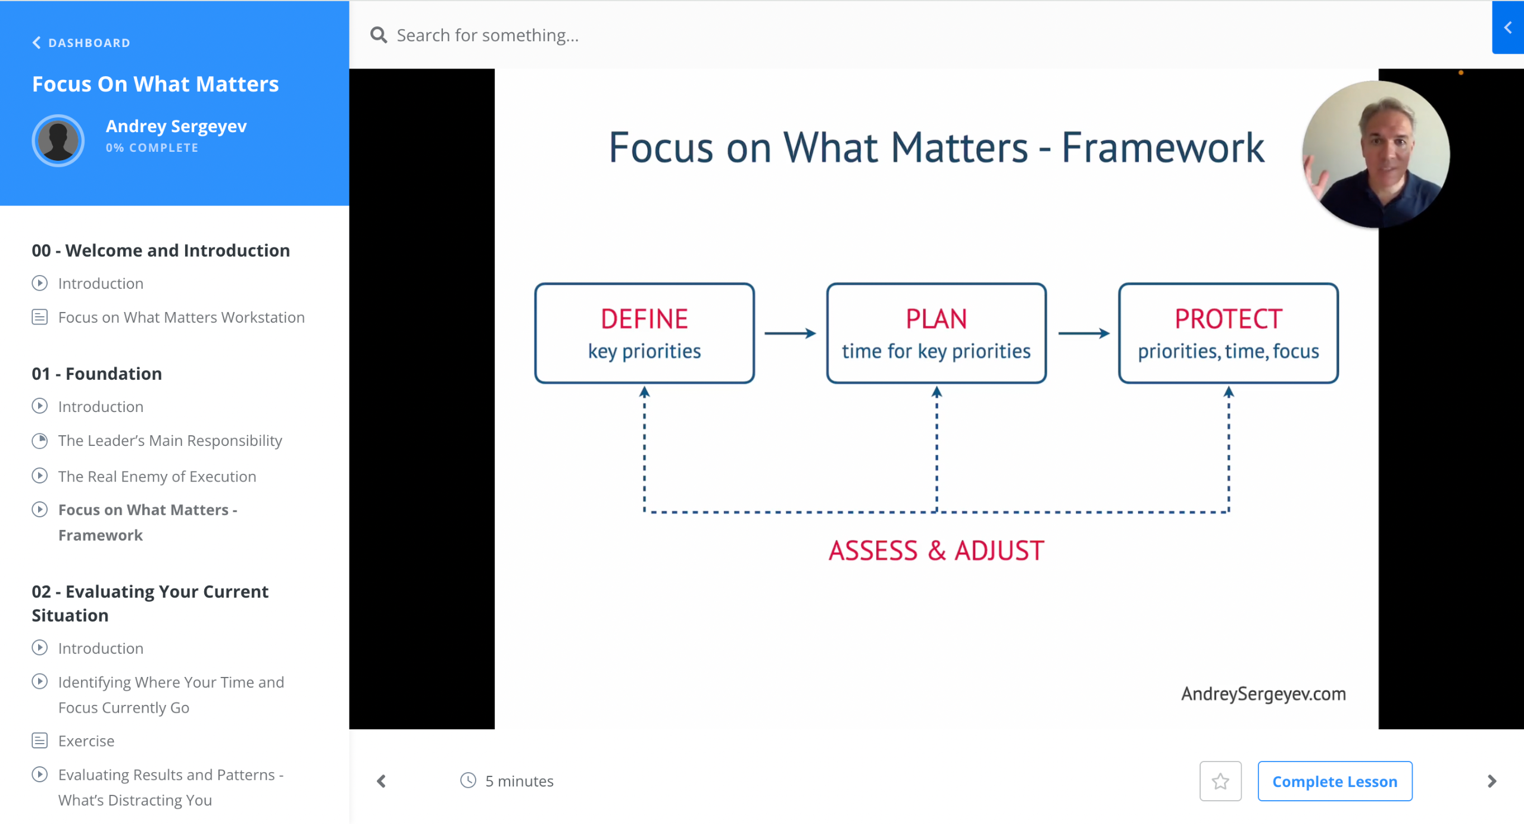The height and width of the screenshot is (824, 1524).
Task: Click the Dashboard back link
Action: pos(82,43)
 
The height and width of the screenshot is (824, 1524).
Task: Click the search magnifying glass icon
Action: pos(379,35)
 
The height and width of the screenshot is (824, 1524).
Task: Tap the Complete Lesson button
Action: pos(1334,781)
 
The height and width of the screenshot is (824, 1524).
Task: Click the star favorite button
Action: pos(1220,781)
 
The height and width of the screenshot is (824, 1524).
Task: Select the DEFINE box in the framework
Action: pos(644,333)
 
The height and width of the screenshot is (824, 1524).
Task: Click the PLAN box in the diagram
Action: pos(936,333)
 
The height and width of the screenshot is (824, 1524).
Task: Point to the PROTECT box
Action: pos(1228,333)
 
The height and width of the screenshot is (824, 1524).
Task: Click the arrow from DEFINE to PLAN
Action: pos(789,333)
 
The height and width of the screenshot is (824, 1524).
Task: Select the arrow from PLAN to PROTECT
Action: pos(1083,333)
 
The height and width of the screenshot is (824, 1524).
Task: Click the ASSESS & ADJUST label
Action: pos(936,551)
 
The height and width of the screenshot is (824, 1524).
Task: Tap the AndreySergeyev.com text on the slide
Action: pos(1263,694)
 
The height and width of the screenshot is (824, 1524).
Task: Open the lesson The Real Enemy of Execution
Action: pos(157,476)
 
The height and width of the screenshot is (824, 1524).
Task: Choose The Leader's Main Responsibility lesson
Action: pos(170,441)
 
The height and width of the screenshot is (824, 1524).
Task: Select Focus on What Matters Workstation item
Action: pos(181,317)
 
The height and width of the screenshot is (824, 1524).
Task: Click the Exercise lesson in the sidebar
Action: pos(86,741)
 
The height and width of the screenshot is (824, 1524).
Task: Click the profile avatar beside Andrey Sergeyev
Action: pos(58,141)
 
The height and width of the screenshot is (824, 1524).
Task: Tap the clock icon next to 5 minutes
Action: pos(469,781)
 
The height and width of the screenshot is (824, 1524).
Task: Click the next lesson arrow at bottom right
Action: pos(1491,781)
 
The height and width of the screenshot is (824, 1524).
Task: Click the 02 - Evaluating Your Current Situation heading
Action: pos(150,603)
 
